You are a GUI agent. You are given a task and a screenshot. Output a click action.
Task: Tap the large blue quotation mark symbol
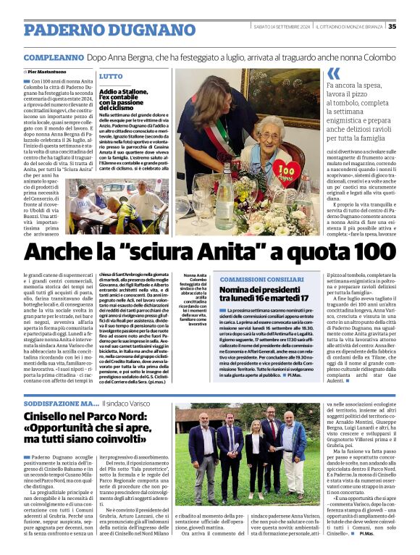tap(333, 73)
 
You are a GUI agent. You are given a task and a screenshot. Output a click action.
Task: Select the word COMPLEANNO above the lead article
tap(54, 57)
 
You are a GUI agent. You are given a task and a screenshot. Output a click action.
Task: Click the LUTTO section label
tap(111, 76)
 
